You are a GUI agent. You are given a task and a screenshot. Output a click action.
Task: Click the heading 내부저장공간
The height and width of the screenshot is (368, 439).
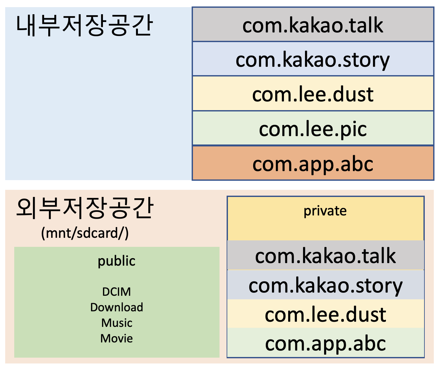(x=84, y=26)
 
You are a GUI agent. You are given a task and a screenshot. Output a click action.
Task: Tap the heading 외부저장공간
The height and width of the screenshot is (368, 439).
(x=84, y=208)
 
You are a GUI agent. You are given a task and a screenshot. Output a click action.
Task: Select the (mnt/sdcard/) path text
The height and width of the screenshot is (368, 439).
(x=85, y=233)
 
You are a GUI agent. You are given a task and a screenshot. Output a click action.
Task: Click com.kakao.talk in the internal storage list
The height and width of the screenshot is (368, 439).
(x=313, y=25)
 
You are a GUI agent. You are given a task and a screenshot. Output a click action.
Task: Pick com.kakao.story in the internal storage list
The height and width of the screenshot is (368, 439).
(x=313, y=60)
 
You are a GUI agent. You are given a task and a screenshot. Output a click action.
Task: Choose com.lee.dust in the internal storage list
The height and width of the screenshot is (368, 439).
(x=313, y=95)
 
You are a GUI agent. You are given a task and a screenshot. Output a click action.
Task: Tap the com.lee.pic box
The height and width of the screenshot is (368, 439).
(x=313, y=129)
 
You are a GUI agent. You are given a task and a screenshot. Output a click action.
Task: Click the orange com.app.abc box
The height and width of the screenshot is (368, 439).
(x=313, y=164)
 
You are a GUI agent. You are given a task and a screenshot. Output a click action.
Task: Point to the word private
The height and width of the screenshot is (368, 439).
(x=325, y=211)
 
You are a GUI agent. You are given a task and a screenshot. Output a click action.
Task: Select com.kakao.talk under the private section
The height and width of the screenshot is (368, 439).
(x=325, y=256)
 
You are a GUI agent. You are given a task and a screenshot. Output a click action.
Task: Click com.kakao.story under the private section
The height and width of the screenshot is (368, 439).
(x=325, y=285)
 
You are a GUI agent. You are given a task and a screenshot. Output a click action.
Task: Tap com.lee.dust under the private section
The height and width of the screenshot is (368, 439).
(x=325, y=315)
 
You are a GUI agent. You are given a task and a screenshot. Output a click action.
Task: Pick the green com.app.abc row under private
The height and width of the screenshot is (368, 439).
(x=325, y=343)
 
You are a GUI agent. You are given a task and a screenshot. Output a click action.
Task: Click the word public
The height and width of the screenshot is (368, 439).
(x=117, y=261)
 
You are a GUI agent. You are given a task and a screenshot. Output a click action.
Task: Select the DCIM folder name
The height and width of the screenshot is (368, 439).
(x=117, y=292)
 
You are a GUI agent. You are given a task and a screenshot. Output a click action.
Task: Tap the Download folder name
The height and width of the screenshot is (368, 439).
(x=117, y=307)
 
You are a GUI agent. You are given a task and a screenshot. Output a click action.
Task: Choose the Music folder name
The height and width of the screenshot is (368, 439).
(x=117, y=323)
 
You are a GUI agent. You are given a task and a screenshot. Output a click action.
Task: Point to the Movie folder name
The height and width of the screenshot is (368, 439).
(x=117, y=339)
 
